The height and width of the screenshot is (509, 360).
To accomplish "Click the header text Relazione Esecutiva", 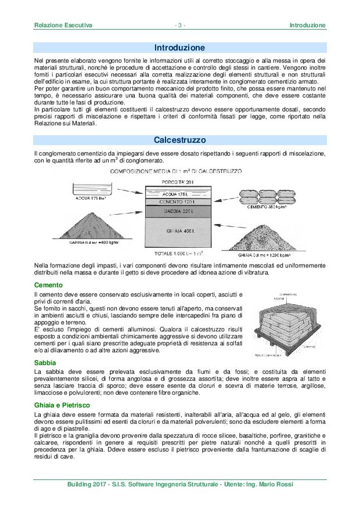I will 63,26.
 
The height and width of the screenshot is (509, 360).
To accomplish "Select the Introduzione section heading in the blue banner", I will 179,47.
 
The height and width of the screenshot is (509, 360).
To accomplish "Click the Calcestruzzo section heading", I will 179,140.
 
